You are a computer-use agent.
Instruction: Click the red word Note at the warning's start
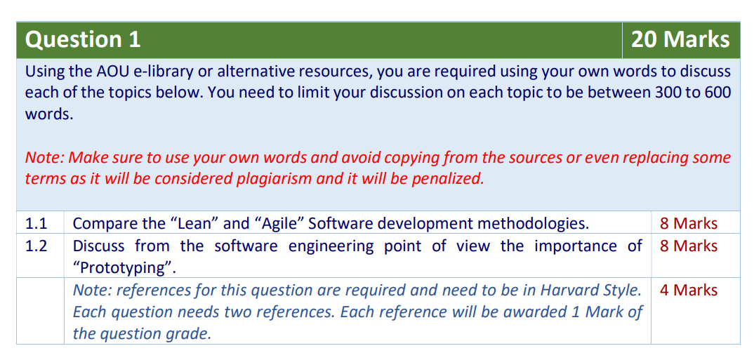pos(44,158)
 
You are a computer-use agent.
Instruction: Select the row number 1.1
pos(36,223)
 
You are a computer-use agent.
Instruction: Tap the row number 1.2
pos(36,246)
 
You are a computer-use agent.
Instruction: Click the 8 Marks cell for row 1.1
pos(689,223)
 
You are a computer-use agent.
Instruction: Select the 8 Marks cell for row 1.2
pos(689,246)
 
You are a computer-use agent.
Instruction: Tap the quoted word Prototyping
pos(124,268)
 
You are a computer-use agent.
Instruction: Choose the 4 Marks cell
pos(689,290)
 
